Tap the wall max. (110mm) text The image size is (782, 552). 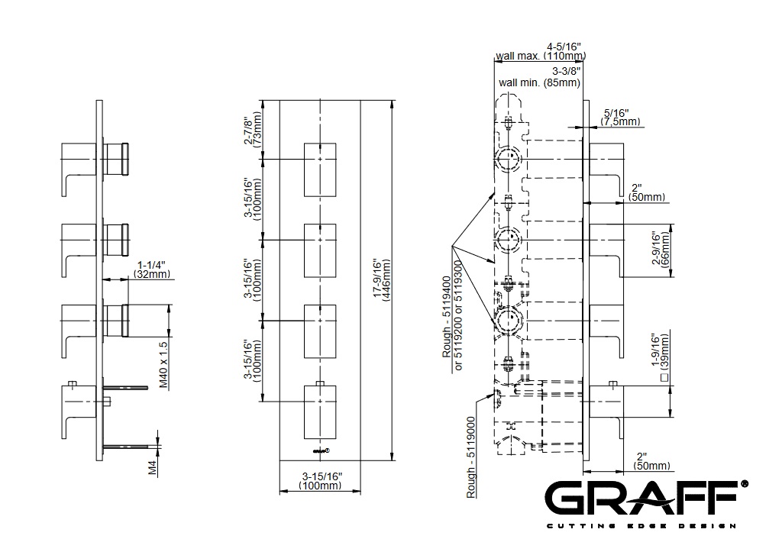[540, 56]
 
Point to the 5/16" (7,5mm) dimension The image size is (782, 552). [619, 117]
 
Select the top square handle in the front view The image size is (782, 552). [320, 167]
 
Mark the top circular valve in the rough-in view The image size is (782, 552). [508, 160]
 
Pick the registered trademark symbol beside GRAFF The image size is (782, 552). [744, 484]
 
